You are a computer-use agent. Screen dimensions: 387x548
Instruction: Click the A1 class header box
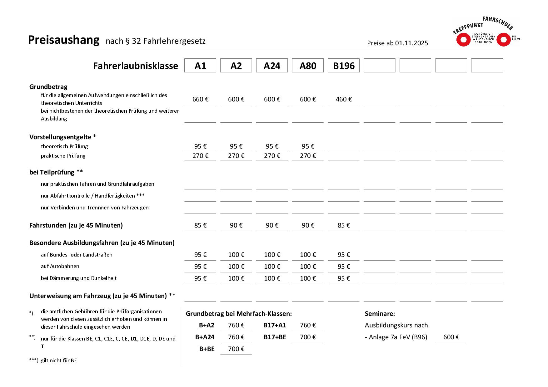coord(200,66)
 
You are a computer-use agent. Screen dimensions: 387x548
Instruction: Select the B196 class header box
coord(343,66)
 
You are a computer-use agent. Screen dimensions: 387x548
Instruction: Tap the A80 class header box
coord(308,66)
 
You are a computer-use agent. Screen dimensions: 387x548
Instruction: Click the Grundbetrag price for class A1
coord(200,99)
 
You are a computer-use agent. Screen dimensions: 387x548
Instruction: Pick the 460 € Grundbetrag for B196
coord(344,99)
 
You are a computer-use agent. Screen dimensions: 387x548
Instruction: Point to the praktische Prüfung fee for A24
coord(272,156)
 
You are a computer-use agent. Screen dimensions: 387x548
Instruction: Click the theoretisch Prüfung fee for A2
coord(236,146)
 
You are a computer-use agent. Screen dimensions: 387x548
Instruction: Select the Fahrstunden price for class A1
coord(200,225)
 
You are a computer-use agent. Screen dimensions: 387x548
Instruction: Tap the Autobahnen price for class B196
coord(344,267)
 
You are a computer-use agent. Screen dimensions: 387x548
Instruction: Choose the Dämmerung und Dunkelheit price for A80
coord(308,278)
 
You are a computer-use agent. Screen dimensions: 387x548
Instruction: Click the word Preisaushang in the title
coord(64,40)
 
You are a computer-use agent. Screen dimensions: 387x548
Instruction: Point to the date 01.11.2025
coord(411,43)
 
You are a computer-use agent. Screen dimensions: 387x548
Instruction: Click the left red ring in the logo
coord(463,40)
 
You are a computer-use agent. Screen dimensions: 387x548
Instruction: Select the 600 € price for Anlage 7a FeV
coord(451,337)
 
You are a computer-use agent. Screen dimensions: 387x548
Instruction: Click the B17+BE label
coord(275,337)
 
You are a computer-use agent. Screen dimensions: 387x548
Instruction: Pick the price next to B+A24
coord(236,337)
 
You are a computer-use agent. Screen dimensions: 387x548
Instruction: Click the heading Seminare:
coord(380,314)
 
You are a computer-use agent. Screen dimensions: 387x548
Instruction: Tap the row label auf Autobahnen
coord(60,266)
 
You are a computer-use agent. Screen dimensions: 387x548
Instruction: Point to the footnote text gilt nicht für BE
coord(59,360)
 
